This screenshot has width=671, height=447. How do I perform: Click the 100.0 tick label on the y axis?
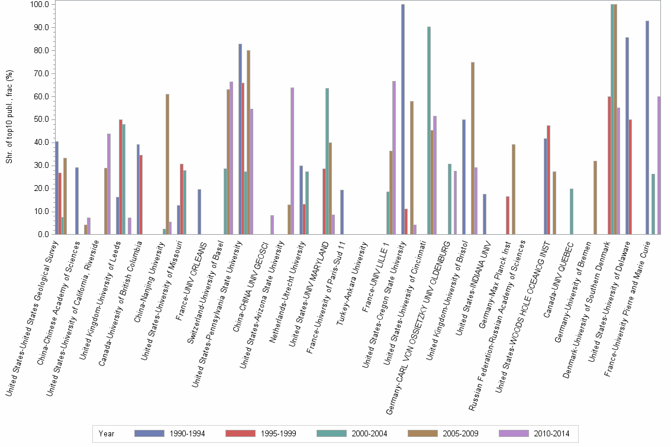38,5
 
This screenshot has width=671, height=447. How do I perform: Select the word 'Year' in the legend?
107,433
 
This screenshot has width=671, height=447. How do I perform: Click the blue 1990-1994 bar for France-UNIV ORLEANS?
199,212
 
